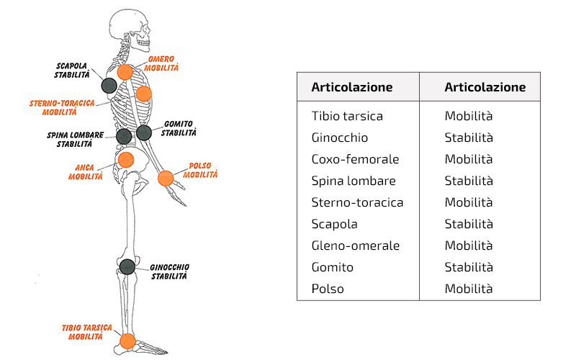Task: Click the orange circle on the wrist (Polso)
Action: click(166, 178)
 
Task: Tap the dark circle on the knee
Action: click(127, 266)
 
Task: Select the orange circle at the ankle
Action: click(127, 341)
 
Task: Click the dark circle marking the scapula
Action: click(109, 85)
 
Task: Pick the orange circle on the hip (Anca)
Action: click(126, 159)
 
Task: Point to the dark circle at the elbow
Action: click(144, 132)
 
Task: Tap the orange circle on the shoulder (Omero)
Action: click(125, 71)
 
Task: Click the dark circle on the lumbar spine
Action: click(124, 135)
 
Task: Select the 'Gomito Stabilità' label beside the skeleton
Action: click(179, 128)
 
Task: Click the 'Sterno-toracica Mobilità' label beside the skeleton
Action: click(62, 108)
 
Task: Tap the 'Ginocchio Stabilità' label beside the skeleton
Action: click(170, 271)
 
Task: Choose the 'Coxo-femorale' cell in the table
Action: click(355, 159)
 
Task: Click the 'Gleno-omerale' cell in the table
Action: click(356, 246)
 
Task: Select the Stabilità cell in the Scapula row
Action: click(469, 224)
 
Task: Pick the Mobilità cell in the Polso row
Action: click(469, 289)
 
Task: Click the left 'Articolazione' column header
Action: click(351, 87)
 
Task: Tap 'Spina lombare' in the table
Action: click(354, 181)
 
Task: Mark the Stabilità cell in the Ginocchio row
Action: click(469, 138)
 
